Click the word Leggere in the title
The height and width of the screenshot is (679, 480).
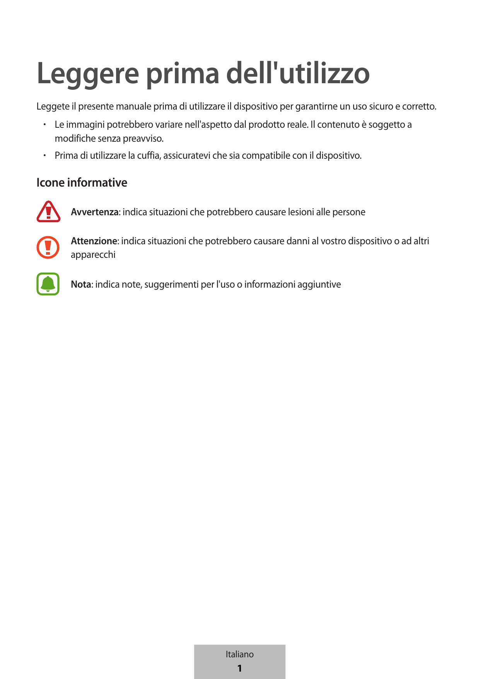pos(88,74)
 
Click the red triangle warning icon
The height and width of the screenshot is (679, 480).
pos(48,212)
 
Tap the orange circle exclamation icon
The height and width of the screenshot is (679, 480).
pos(48,247)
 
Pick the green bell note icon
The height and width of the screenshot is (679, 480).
pos(48,284)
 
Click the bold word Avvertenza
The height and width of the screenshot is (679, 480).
pos(94,212)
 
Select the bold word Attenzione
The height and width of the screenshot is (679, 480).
pos(94,241)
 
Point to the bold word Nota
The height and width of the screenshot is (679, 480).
pos(81,285)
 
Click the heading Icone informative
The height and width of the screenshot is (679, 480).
pos(82,183)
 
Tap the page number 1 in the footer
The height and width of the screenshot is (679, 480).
pos(239,668)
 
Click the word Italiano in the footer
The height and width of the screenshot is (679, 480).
pos(239,654)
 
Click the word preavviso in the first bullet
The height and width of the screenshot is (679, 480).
pos(143,139)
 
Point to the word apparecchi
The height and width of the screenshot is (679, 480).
pos(93,255)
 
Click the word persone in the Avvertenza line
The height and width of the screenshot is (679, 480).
pos(348,212)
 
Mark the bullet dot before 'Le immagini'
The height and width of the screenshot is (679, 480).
pos(45,125)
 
